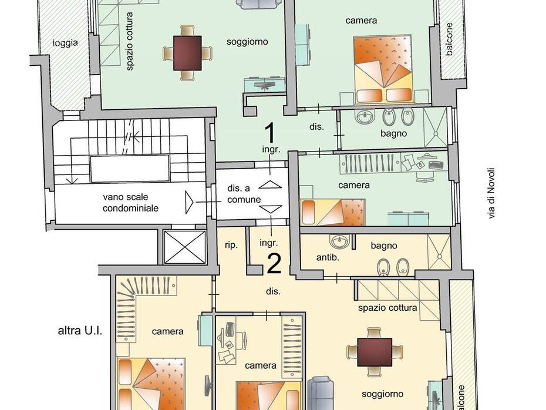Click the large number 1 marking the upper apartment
point(270,133)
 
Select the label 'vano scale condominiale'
point(130,203)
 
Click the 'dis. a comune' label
point(244,194)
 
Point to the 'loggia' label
point(65,43)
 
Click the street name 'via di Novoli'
point(491,193)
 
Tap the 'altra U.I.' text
point(80,331)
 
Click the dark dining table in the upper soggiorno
point(187,53)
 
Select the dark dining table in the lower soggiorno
point(375,352)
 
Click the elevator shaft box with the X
point(185,247)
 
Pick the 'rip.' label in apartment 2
point(231,245)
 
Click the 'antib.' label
point(328,258)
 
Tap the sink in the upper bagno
point(365,116)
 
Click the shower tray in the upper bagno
point(435,127)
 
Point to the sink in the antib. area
point(339,241)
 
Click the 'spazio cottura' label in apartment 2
point(387,308)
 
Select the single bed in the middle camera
point(332,212)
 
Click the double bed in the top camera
point(383,69)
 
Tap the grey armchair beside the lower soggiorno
point(321,392)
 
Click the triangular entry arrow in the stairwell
point(189,202)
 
